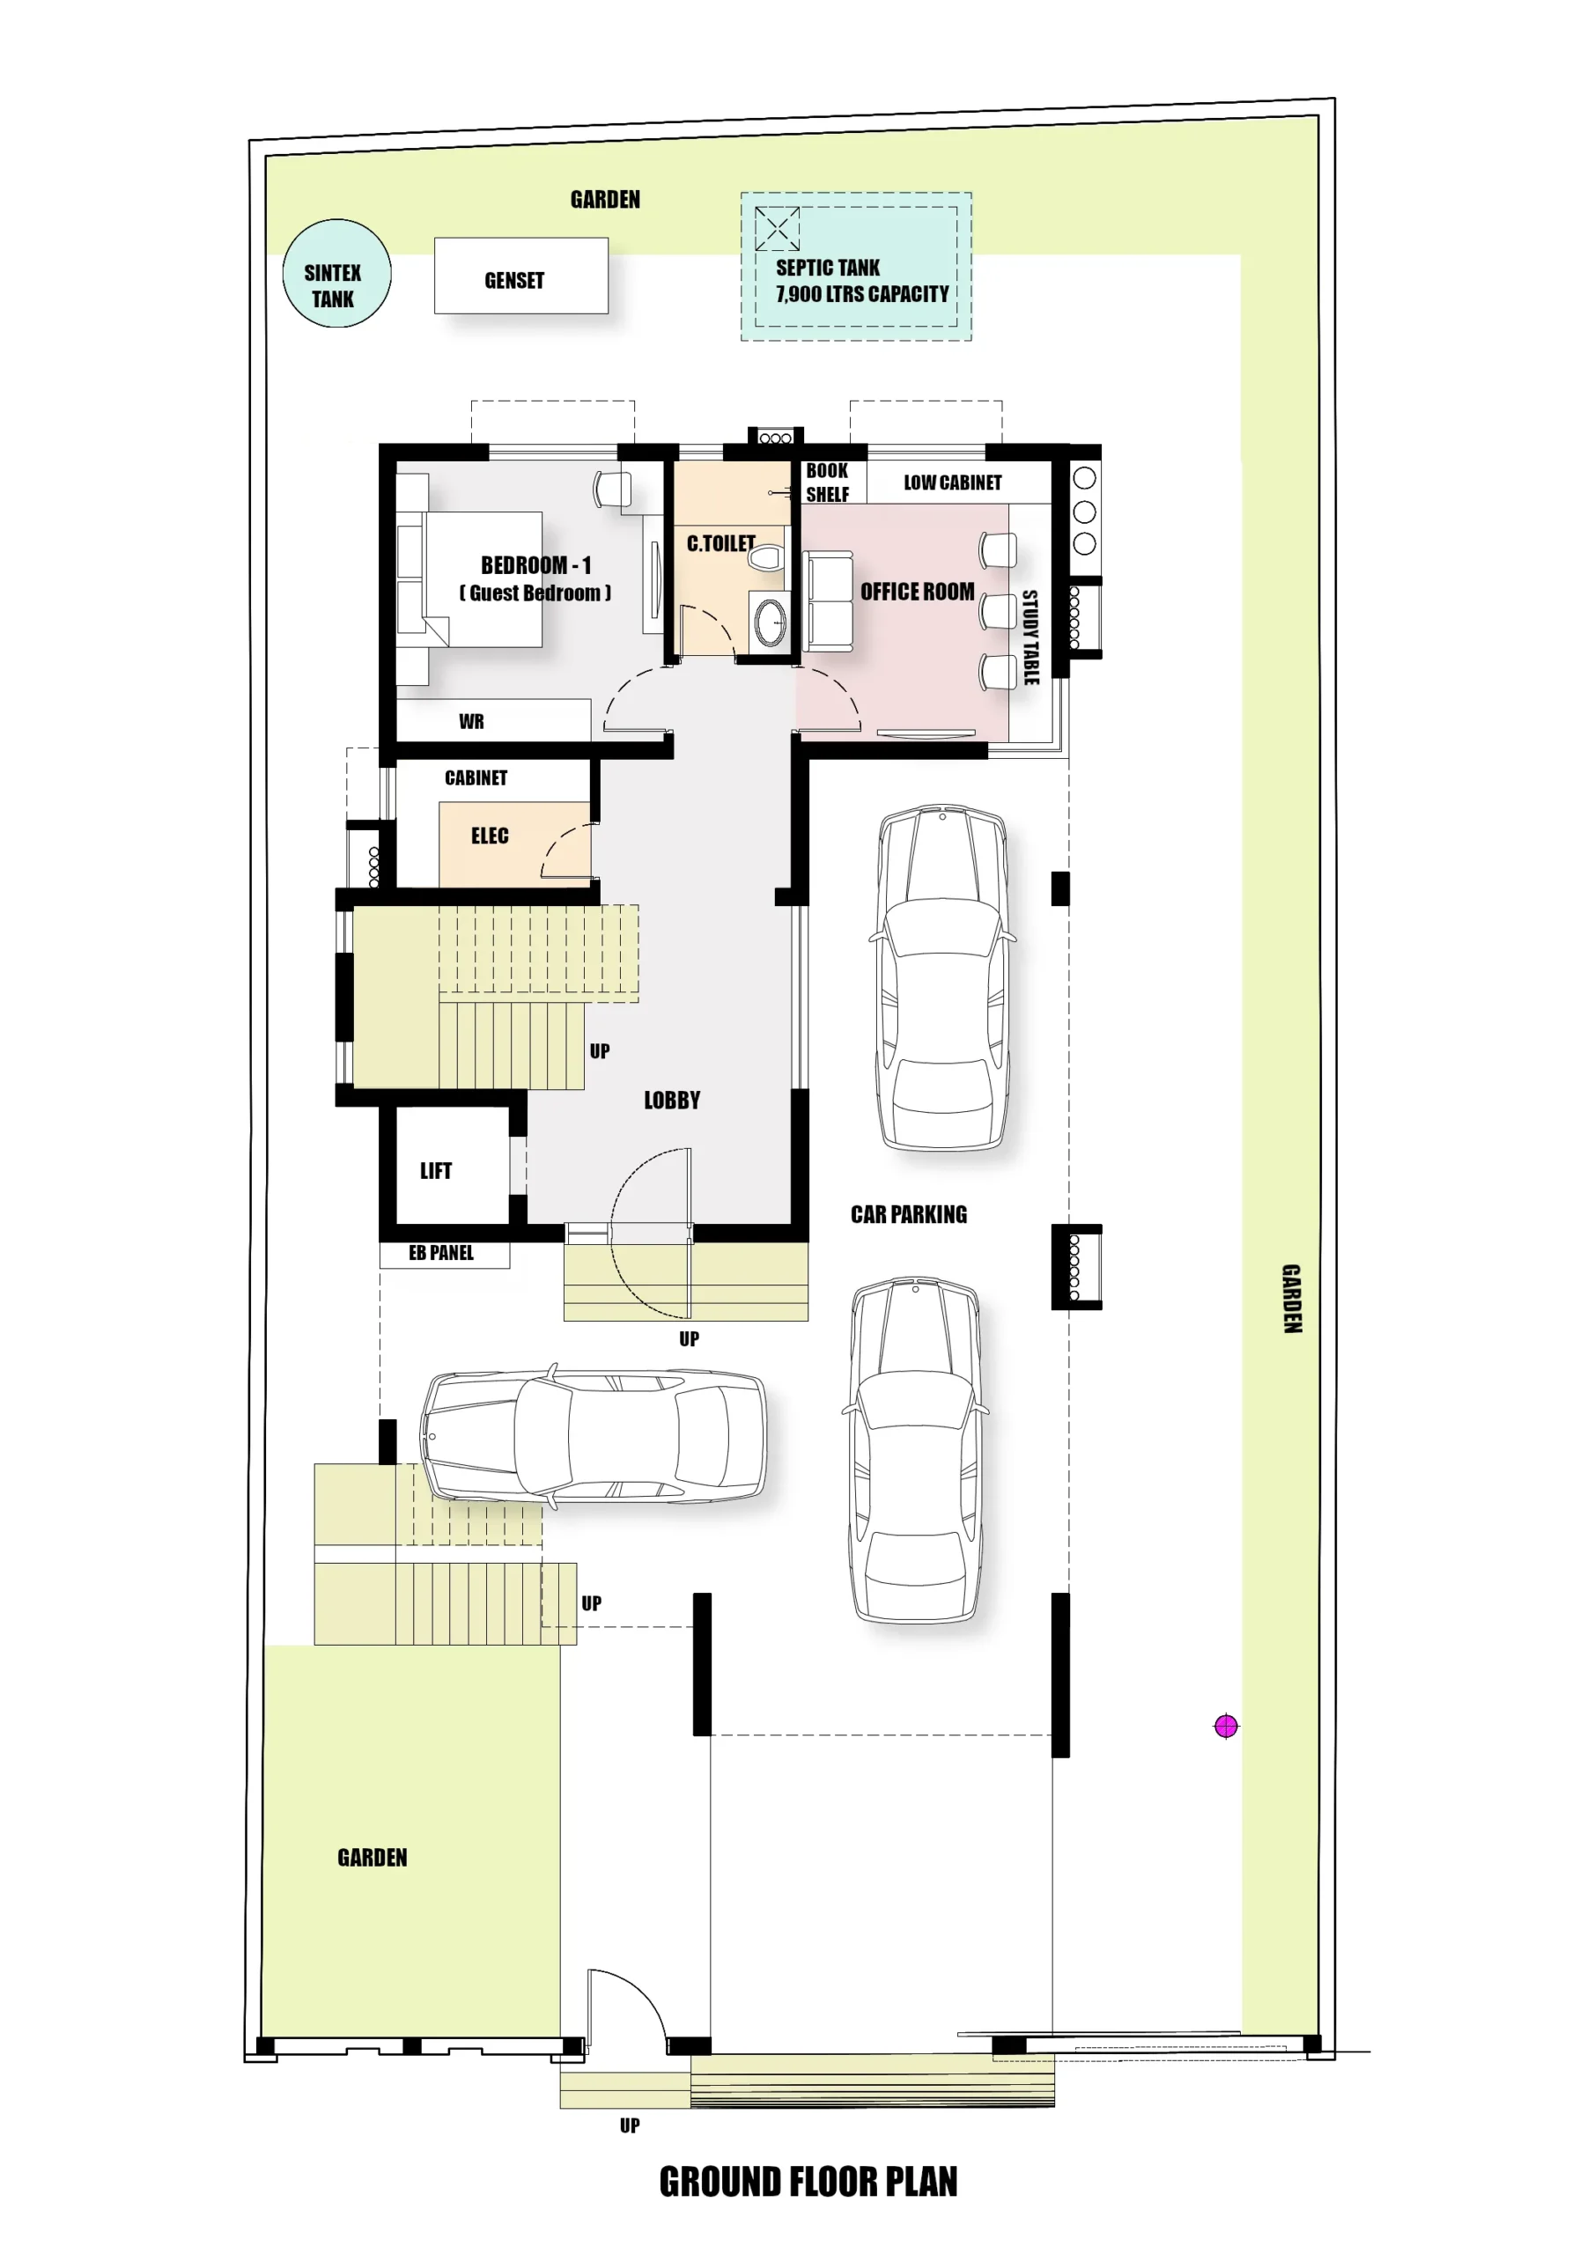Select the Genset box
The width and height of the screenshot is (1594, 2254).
pyautogui.click(x=520, y=276)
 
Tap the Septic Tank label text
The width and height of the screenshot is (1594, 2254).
pyautogui.click(x=861, y=281)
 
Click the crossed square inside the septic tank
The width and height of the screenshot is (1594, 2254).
pyautogui.click(x=776, y=229)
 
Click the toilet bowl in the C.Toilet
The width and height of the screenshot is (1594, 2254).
pyautogui.click(x=765, y=557)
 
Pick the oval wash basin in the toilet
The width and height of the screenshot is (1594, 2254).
pyautogui.click(x=770, y=621)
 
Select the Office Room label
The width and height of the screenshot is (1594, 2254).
pyautogui.click(x=918, y=591)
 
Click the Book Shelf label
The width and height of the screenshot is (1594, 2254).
pyautogui.click(x=827, y=482)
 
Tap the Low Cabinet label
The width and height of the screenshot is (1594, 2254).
pyautogui.click(x=953, y=482)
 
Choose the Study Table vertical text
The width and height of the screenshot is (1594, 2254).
pyautogui.click(x=1030, y=637)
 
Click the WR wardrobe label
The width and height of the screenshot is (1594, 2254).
pyautogui.click(x=471, y=722)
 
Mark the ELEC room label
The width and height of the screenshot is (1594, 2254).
pyautogui.click(x=489, y=836)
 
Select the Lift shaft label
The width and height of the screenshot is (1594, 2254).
pyautogui.click(x=436, y=1170)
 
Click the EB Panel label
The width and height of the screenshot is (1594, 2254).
pyautogui.click(x=441, y=1253)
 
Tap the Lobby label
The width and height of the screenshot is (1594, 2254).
pyautogui.click(x=672, y=1101)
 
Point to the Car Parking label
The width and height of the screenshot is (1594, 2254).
pyautogui.click(x=909, y=1214)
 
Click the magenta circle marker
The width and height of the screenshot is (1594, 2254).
pyautogui.click(x=1226, y=1725)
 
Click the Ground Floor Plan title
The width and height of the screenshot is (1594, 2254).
pyautogui.click(x=808, y=2180)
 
